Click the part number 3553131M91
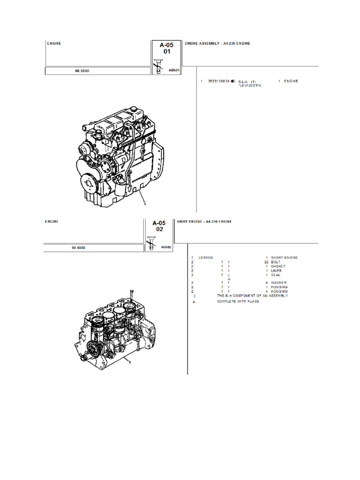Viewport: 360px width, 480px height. point(218,82)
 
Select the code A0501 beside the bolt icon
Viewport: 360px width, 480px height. point(173,70)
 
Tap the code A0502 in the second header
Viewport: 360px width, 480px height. point(166,247)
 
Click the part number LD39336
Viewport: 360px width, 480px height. point(205,258)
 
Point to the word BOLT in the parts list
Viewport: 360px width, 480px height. point(276,262)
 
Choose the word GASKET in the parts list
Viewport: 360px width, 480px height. point(278,266)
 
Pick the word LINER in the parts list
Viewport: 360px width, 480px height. point(276,271)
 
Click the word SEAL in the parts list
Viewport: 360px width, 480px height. point(276,275)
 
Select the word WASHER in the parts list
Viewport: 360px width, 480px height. point(278,283)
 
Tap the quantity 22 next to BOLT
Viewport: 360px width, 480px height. point(266,262)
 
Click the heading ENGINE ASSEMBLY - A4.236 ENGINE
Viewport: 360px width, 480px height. point(217,44)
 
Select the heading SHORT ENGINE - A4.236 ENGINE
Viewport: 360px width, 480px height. point(204,221)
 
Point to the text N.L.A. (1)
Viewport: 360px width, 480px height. point(247,82)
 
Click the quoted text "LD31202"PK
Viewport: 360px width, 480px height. point(250,86)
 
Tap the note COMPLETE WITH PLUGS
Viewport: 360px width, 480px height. point(238,301)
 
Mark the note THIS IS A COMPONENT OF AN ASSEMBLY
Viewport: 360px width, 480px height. point(252,296)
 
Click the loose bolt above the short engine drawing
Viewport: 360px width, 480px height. point(132,294)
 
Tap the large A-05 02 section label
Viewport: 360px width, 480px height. point(160,226)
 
